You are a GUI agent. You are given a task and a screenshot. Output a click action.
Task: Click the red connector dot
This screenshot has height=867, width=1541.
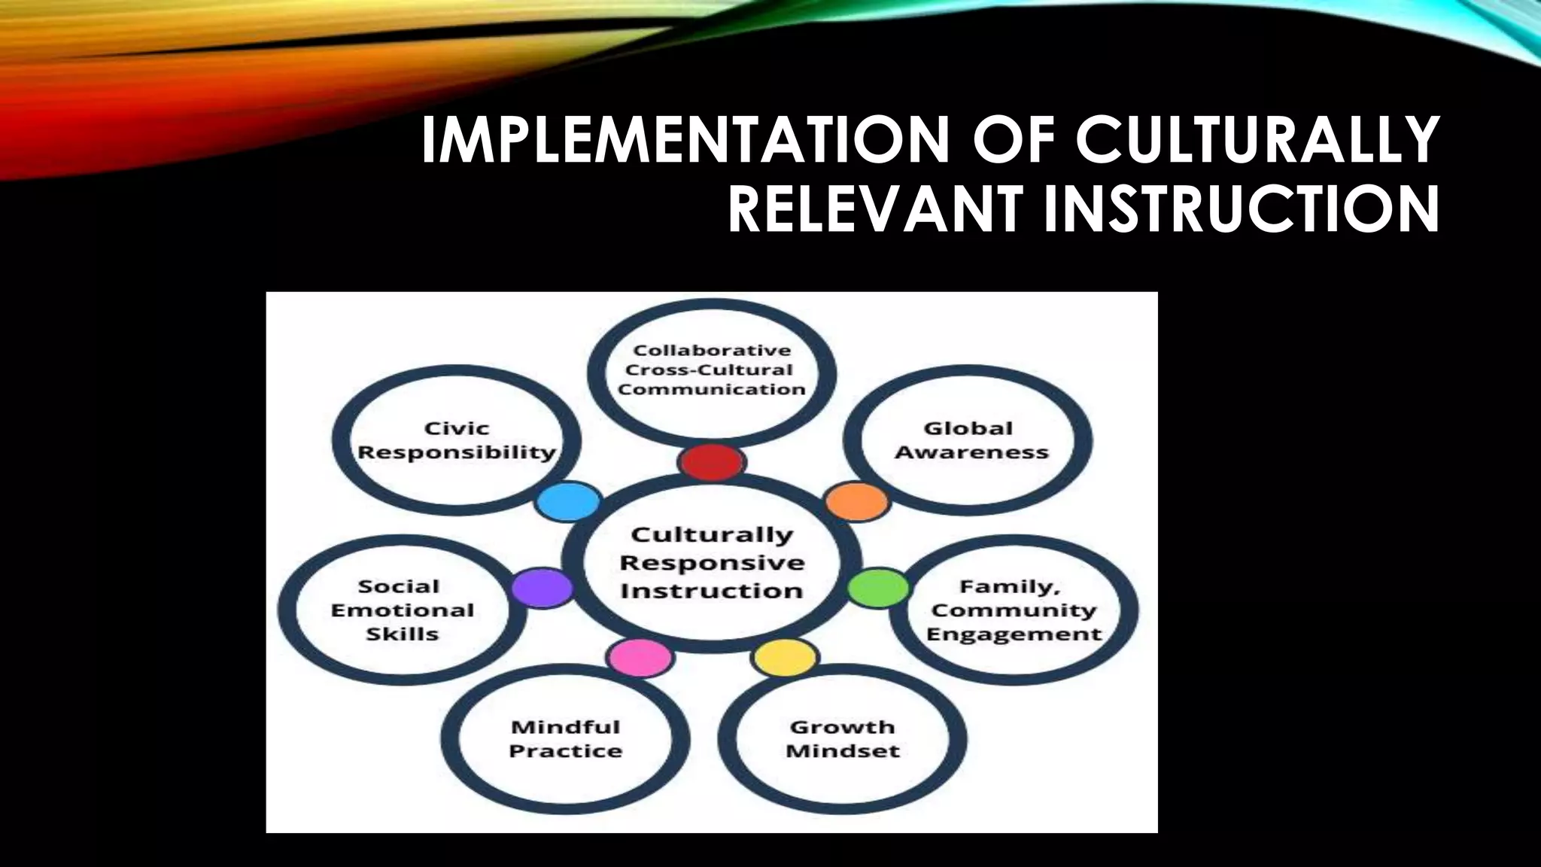coord(712,462)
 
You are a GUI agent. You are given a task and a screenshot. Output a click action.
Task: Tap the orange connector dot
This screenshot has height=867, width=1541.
coord(857,502)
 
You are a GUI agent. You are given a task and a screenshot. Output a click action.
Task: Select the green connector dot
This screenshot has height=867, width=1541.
coord(879,588)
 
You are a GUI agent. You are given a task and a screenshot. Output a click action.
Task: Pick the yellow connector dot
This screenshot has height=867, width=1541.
coord(785,658)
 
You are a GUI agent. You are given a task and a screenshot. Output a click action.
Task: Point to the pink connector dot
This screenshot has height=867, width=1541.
coord(640,658)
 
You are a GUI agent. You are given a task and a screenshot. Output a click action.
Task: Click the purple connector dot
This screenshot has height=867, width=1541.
coord(543,588)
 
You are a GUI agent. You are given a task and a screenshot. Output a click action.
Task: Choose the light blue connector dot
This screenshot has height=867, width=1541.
coord(569,501)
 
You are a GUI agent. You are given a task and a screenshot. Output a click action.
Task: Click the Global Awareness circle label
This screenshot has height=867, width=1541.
coord(971,440)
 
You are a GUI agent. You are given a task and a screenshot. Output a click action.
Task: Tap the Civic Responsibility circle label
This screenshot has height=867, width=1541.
coord(457,440)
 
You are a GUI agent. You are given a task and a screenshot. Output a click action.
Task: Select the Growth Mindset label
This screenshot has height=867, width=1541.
coord(843,738)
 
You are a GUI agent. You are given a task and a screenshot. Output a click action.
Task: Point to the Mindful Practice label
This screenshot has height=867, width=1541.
coord(566,738)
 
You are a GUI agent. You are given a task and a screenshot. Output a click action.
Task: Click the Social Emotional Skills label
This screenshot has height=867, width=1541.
coord(403,610)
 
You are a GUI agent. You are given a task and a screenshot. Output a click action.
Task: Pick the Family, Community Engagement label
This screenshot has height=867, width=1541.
coord(1014,610)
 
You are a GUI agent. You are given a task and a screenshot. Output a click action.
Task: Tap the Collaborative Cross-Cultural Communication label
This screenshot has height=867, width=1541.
coord(712,370)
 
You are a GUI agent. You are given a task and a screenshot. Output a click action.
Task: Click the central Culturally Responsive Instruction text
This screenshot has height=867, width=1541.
coord(712,562)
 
